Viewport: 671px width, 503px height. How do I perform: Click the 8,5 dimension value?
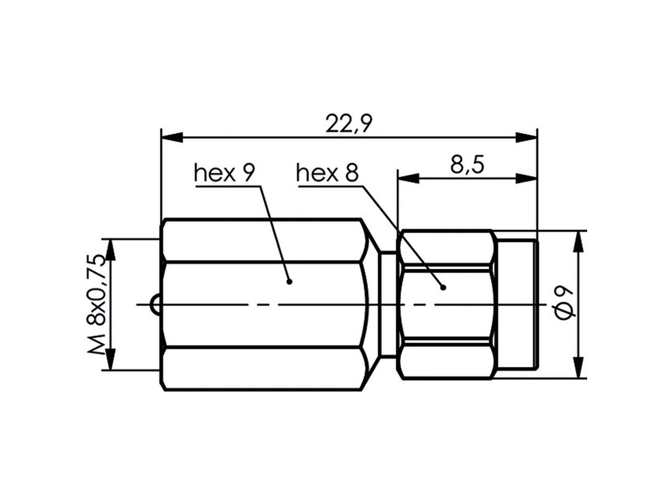(x=466, y=166)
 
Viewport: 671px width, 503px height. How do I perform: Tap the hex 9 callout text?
(x=224, y=173)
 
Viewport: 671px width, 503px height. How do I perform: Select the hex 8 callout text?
(x=327, y=173)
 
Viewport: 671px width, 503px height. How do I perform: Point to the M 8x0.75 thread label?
(x=97, y=305)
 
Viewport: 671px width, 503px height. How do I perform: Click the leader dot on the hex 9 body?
(x=289, y=281)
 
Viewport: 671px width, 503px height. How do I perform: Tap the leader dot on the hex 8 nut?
(x=443, y=287)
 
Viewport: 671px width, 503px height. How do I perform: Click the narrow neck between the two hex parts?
(x=388, y=305)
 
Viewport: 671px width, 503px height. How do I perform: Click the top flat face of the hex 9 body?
(x=263, y=241)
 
